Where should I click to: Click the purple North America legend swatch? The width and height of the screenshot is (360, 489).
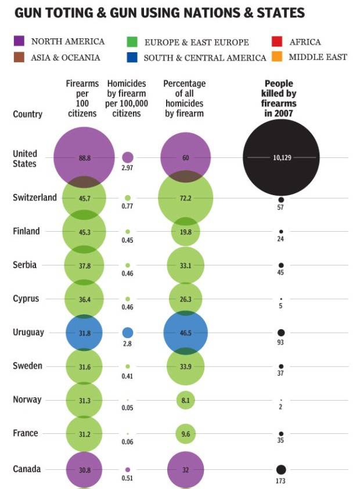pyautogui.click(x=19, y=41)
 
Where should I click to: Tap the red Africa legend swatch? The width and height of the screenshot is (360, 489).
pyautogui.click(x=278, y=41)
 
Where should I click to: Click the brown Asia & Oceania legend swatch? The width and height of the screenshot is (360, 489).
pyautogui.click(x=19, y=57)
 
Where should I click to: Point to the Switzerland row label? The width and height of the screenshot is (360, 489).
pyautogui.click(x=35, y=197)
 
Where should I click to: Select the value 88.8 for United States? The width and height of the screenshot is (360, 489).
pyautogui.click(x=84, y=157)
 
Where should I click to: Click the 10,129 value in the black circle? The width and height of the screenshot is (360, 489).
pyautogui.click(x=282, y=157)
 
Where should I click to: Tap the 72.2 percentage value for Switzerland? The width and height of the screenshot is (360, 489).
pyautogui.click(x=186, y=198)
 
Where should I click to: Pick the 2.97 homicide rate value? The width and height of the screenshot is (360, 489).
pyautogui.click(x=128, y=168)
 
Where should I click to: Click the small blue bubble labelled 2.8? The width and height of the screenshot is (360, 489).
pyautogui.click(x=128, y=333)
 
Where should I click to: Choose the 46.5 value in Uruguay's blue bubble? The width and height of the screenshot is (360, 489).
pyautogui.click(x=186, y=333)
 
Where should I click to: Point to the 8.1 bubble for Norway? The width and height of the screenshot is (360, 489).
pyautogui.click(x=186, y=400)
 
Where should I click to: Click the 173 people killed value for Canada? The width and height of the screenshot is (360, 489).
pyautogui.click(x=281, y=481)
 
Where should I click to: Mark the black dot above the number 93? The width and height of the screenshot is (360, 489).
pyautogui.click(x=281, y=333)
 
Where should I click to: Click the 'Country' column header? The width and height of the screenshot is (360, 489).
pyautogui.click(x=27, y=114)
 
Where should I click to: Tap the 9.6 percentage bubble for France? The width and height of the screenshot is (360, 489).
pyautogui.click(x=186, y=434)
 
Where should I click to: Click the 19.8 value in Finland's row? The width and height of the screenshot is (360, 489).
pyautogui.click(x=186, y=232)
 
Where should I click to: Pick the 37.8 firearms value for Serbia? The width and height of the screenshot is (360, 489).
pyautogui.click(x=84, y=265)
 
